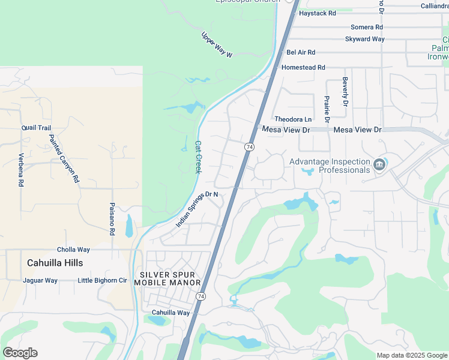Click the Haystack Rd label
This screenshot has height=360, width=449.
(317, 13)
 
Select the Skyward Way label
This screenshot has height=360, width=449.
(364, 39)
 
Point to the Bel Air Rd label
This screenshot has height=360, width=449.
(301, 52)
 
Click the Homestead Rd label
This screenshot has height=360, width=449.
(303, 67)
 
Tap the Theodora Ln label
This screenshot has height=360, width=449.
(294, 119)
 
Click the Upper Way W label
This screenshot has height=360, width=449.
(216, 44)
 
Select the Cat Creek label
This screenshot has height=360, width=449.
(198, 157)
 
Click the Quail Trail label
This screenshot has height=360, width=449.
(36, 128)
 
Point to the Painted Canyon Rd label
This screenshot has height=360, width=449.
(64, 158)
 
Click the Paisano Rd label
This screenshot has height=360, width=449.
(112, 214)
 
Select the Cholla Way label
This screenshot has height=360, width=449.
(73, 250)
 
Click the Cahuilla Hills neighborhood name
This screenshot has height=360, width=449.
(55, 263)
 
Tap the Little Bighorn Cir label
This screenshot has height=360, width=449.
(102, 280)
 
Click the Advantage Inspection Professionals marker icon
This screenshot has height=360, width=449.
(379, 164)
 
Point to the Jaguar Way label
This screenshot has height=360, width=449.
(40, 280)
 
